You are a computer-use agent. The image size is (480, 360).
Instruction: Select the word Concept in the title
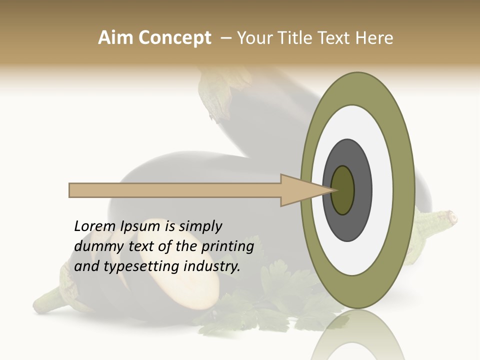pyautogui.click(x=174, y=38)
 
